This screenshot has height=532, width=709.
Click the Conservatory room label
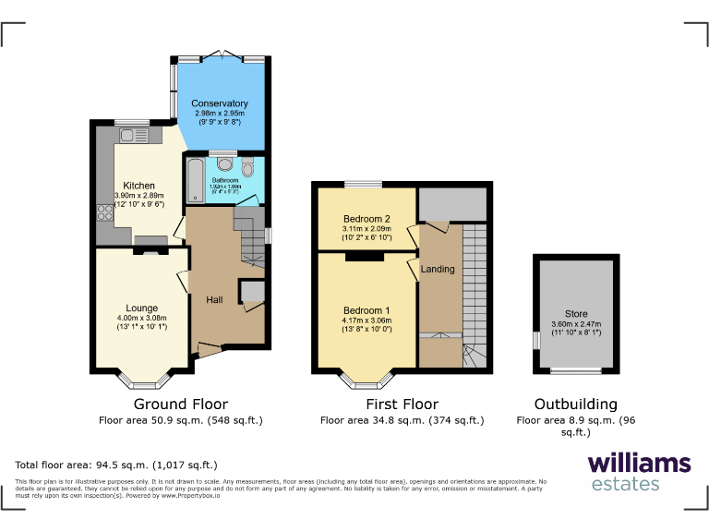(x=219, y=103)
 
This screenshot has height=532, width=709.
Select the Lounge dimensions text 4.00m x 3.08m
(x=141, y=320)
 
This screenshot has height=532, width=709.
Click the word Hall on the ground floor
(x=214, y=300)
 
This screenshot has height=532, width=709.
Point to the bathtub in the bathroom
(x=195, y=181)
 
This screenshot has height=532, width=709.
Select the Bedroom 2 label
(x=367, y=218)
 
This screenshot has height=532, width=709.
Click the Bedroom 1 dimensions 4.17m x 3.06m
(x=367, y=320)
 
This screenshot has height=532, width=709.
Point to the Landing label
(x=438, y=270)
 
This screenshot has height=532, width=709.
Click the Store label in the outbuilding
(x=575, y=314)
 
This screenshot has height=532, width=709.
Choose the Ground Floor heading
(x=181, y=405)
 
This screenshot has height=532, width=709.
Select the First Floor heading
(x=402, y=405)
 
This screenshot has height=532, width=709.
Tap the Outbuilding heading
(x=575, y=405)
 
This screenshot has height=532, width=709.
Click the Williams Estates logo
(x=638, y=471)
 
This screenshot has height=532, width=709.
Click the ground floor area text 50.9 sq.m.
(x=181, y=420)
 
